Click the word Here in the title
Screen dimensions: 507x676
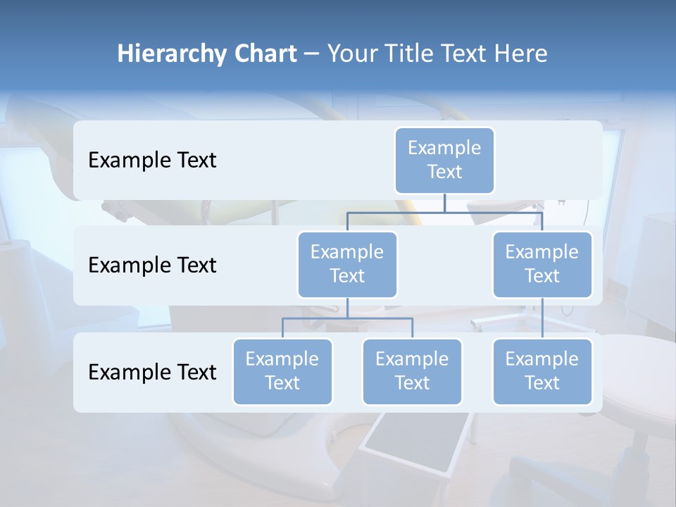tap(520, 54)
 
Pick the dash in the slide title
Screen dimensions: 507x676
tap(312, 54)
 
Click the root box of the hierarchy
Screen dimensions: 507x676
tap(444, 160)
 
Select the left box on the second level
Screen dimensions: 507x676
tap(347, 264)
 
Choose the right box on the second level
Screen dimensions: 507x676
tap(542, 264)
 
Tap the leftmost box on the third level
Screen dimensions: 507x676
tap(282, 371)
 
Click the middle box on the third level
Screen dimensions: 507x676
tap(412, 371)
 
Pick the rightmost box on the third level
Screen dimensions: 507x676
tap(542, 371)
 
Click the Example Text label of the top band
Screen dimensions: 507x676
tap(152, 160)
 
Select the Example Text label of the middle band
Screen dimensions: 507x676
tap(152, 265)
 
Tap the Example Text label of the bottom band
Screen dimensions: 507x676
tap(152, 371)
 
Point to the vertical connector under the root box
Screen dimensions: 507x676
tap(444, 203)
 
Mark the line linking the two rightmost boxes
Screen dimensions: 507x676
tap(542, 318)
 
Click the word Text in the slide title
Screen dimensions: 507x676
tap(463, 54)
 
